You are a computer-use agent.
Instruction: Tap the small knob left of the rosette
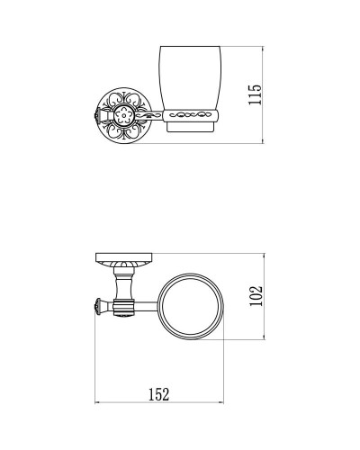click(94, 115)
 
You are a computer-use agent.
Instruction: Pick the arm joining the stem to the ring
click(146, 306)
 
